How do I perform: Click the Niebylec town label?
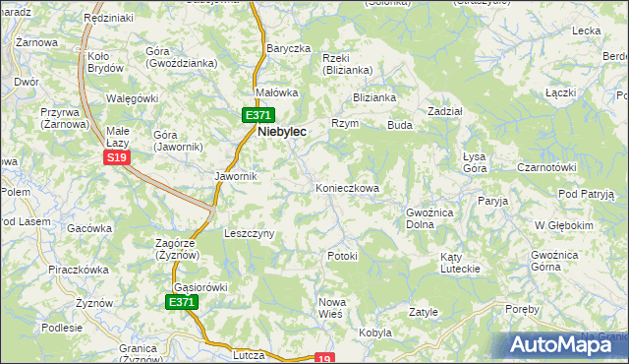[x=282, y=130]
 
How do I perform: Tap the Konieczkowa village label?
[x=346, y=187]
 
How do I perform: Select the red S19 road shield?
[x=117, y=157]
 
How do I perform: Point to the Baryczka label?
[x=288, y=48]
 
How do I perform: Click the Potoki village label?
[x=342, y=256]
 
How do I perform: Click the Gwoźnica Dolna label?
[x=429, y=217]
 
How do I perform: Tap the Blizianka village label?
[x=374, y=97]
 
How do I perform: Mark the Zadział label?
[x=445, y=111]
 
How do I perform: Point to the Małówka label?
[x=276, y=92]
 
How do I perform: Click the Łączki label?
[x=559, y=92]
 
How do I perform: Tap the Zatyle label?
[x=423, y=312]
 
